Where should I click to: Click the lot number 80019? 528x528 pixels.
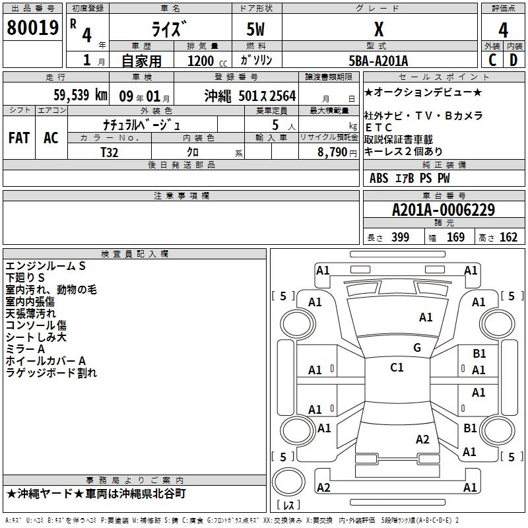(32, 28)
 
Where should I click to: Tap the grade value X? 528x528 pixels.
(378, 28)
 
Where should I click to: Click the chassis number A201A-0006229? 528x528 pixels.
(443, 211)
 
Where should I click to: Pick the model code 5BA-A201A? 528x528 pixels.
(378, 61)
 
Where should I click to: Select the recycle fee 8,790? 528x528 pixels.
(329, 151)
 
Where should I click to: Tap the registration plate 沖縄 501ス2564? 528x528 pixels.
(250, 95)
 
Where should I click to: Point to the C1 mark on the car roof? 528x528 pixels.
(397, 368)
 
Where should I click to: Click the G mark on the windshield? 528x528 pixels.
(416, 348)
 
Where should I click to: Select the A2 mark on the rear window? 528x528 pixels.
(422, 440)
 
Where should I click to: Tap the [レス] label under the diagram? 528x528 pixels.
(289, 506)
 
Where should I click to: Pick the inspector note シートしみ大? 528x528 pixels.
(36, 337)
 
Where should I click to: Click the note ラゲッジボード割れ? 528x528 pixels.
(51, 373)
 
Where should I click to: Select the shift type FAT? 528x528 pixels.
(18, 138)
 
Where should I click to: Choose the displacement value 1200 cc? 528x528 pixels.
(195, 61)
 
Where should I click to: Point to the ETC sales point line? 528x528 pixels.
(379, 127)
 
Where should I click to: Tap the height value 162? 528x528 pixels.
(508, 238)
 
